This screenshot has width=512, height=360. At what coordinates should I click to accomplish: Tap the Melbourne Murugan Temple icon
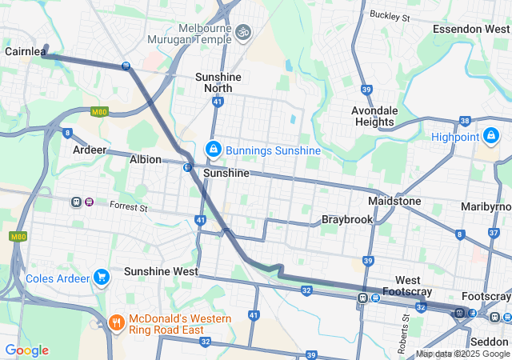pyautogui.click(x=243, y=32)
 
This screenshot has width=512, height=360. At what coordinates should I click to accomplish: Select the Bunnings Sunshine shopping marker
pyautogui.click(x=214, y=150)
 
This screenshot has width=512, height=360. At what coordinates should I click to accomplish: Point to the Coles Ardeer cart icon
pyautogui.click(x=101, y=278)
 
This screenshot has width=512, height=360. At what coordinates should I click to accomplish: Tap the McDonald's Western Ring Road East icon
pyautogui.click(x=116, y=323)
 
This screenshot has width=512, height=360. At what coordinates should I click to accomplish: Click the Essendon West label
pyautogui.click(x=470, y=29)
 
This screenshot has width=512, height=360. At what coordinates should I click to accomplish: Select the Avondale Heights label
pyautogui.click(x=373, y=116)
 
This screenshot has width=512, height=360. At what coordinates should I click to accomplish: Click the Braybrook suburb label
pyautogui.click(x=348, y=218)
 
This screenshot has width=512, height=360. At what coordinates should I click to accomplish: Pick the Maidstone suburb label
pyautogui.click(x=394, y=200)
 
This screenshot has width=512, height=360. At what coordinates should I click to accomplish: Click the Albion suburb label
pyautogui.click(x=146, y=159)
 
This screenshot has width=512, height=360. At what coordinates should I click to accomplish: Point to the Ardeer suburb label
pyautogui.click(x=89, y=150)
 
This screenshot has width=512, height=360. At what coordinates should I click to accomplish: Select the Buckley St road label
pyautogui.click(x=390, y=15)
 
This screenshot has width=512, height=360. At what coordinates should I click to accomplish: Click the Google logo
pyautogui.click(x=26, y=350)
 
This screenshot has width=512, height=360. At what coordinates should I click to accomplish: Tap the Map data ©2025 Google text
pyautogui.click(x=462, y=354)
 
